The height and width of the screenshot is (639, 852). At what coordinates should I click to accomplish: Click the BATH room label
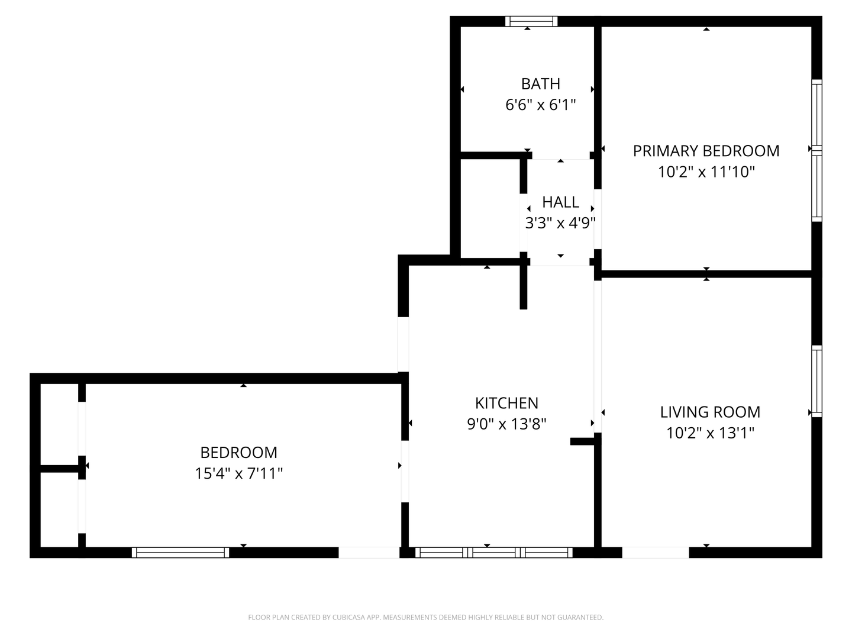540,84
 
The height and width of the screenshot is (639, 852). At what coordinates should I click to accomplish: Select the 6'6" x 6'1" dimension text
540,105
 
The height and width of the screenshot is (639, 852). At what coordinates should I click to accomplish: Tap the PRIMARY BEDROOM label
706,151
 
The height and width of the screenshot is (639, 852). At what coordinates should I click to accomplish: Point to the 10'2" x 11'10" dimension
706,172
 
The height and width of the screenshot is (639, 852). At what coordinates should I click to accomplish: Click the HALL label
560,202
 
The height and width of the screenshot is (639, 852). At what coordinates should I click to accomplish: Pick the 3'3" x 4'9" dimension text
560,223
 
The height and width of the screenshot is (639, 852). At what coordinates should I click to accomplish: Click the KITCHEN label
506,403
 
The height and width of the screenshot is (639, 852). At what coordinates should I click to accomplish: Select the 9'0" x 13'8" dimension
506,424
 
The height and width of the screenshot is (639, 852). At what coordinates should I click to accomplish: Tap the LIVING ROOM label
710,412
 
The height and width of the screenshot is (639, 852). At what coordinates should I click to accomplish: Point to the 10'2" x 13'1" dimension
710,433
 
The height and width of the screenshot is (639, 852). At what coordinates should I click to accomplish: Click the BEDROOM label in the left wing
238,453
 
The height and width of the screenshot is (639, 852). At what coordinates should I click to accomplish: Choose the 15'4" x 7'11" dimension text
238,474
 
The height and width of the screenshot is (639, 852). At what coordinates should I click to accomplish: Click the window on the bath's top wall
531,21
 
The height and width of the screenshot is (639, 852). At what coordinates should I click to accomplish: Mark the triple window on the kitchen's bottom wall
494,553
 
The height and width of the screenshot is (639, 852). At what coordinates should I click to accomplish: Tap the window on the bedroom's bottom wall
180,553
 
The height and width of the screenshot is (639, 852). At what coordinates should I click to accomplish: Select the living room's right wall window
816,381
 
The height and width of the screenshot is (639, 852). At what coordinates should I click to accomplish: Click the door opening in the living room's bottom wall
656,553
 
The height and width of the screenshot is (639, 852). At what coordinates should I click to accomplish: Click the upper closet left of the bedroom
59,424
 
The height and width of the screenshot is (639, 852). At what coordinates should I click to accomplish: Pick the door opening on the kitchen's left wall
404,344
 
